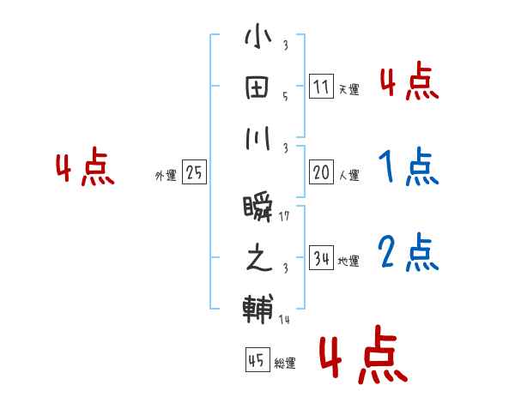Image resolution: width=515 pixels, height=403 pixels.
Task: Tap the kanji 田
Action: [x=257, y=88]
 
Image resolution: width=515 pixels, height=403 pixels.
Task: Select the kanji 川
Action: [x=257, y=140]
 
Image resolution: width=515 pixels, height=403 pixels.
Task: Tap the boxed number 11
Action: [x=320, y=87]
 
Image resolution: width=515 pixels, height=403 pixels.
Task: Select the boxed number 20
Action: [x=320, y=171]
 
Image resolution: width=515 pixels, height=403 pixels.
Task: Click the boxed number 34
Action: [x=320, y=257]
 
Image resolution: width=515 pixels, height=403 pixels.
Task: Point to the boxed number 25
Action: [x=194, y=172]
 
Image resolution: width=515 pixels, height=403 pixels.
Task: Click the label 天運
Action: [x=348, y=89]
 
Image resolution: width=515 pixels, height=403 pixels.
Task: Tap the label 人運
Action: [x=348, y=175]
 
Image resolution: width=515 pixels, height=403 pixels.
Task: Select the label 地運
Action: [x=348, y=261]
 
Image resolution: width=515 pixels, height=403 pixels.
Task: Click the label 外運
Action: [x=166, y=176]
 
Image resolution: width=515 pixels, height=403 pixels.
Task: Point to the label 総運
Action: [x=285, y=363]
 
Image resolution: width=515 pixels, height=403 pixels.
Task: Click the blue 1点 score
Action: [x=408, y=167]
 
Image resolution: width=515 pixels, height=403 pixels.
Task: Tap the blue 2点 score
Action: [x=408, y=253]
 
